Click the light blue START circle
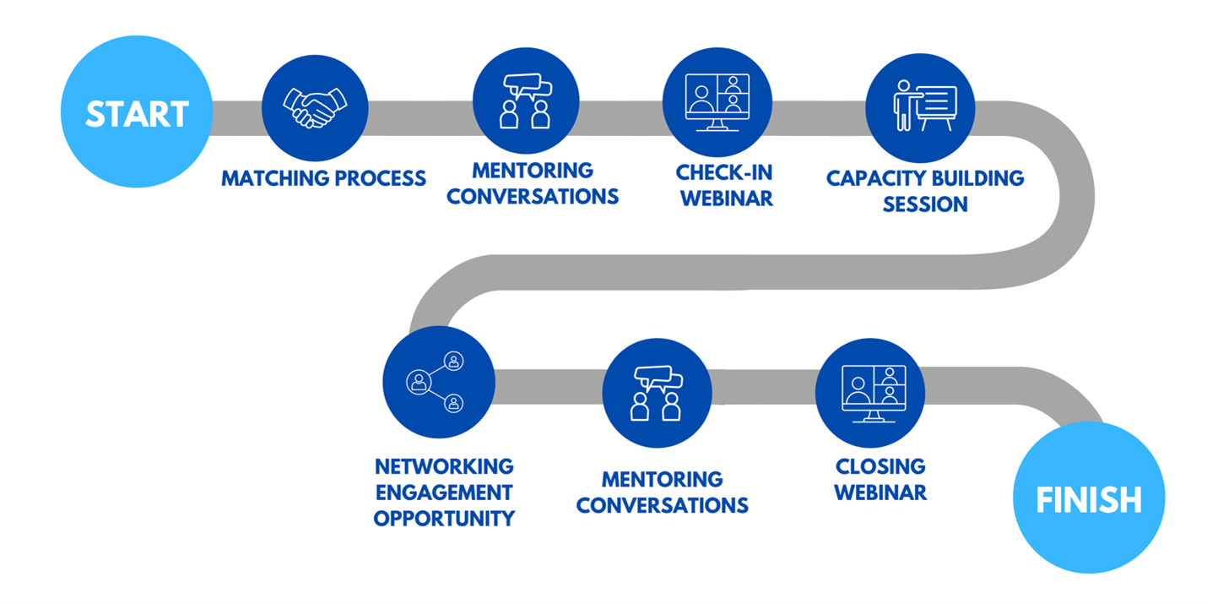[137, 112]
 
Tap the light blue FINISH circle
[1089, 498]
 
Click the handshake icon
[315, 108]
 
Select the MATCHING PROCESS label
[323, 178]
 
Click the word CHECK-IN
[723, 172]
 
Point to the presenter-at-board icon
[924, 106]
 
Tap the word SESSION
[924, 204]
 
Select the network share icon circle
[439, 382]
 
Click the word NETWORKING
[444, 466]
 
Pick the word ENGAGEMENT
[444, 492]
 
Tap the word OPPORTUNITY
[444, 518]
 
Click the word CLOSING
[880, 466]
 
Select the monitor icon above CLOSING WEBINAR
[874, 394]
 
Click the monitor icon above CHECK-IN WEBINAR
[717, 102]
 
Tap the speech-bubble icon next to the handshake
[525, 101]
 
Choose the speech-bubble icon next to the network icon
[657, 393]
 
